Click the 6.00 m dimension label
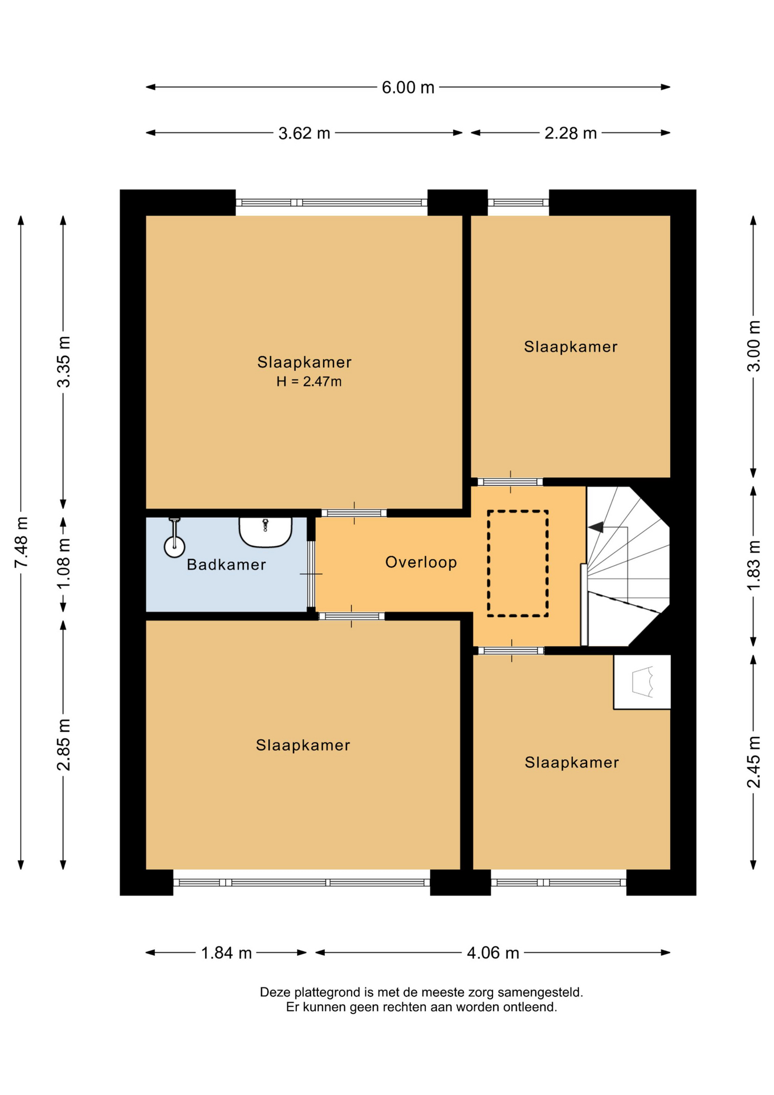(408, 88)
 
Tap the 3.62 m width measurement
(304, 133)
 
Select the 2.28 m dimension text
(571, 133)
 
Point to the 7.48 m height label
(21, 542)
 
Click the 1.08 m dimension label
(64, 564)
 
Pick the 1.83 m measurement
(753, 566)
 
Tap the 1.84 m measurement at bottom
(226, 953)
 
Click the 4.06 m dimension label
(493, 953)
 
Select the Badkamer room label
(226, 565)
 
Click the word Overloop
(421, 562)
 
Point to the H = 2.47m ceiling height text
(309, 382)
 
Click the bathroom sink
(265, 532)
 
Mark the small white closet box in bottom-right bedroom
(642, 682)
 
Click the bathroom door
(311, 574)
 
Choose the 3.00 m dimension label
(753, 346)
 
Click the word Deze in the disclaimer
(275, 992)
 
